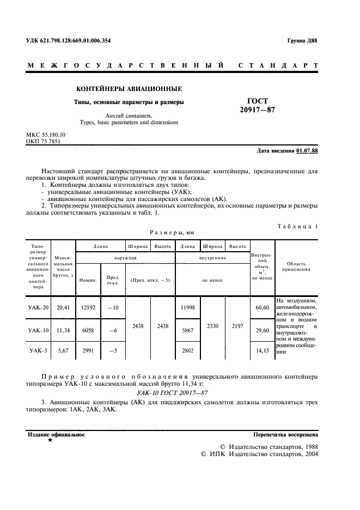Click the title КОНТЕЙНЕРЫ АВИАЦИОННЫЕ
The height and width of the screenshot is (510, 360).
(129, 88)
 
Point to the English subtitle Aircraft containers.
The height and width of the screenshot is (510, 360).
(129, 116)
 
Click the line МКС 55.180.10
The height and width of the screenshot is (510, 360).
(46, 134)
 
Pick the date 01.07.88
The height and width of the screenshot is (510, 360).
(308, 150)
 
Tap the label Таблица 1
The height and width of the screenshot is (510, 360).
(298, 226)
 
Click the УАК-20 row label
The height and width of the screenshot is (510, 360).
(38, 308)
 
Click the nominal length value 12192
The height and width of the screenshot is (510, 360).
(88, 308)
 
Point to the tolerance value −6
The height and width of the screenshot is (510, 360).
(113, 330)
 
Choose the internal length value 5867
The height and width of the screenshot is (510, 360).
(187, 330)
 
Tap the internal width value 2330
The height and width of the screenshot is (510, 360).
(213, 327)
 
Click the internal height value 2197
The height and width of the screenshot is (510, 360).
(237, 327)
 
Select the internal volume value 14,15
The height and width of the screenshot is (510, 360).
(263, 351)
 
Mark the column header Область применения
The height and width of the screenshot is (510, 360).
(296, 265)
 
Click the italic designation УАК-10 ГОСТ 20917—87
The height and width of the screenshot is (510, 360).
(172, 392)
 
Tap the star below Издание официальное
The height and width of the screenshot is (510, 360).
(50, 440)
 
